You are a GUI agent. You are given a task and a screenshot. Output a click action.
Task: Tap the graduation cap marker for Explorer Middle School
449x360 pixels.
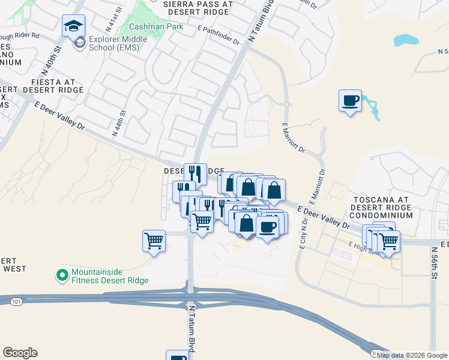73,26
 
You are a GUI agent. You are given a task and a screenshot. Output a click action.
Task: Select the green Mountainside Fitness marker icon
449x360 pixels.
61,275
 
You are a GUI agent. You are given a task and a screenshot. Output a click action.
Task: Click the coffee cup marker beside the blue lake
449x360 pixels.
350,100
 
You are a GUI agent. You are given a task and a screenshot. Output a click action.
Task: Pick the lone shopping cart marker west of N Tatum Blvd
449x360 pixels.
154,241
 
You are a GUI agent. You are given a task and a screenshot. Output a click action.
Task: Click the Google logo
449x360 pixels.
20,353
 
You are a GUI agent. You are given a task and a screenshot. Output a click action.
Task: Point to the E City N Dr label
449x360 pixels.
304,235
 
